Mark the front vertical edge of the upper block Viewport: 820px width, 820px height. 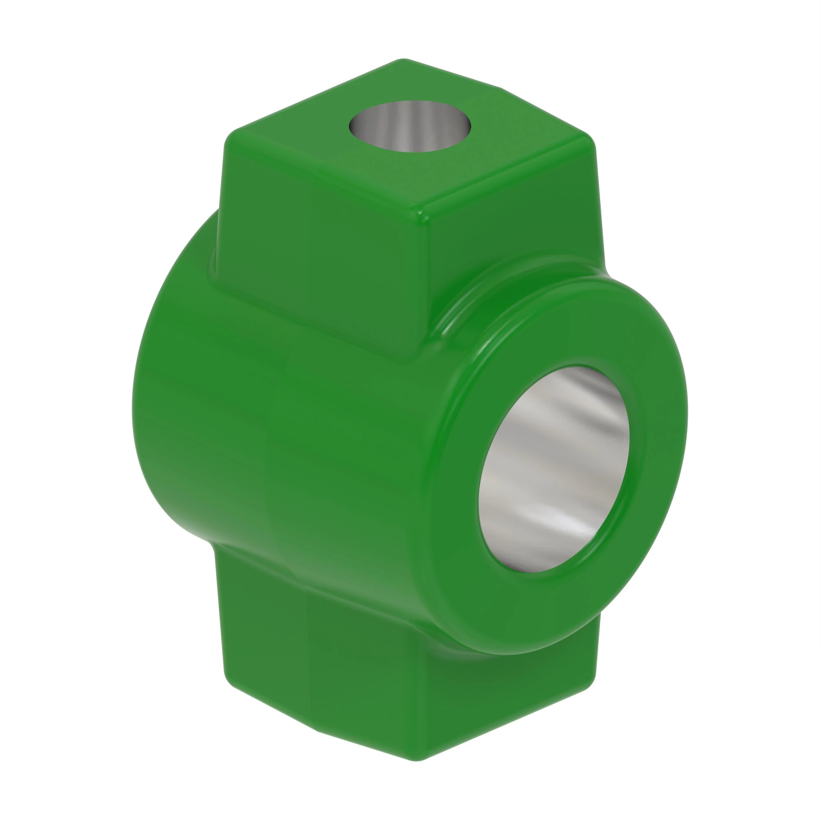coord(414,289)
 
